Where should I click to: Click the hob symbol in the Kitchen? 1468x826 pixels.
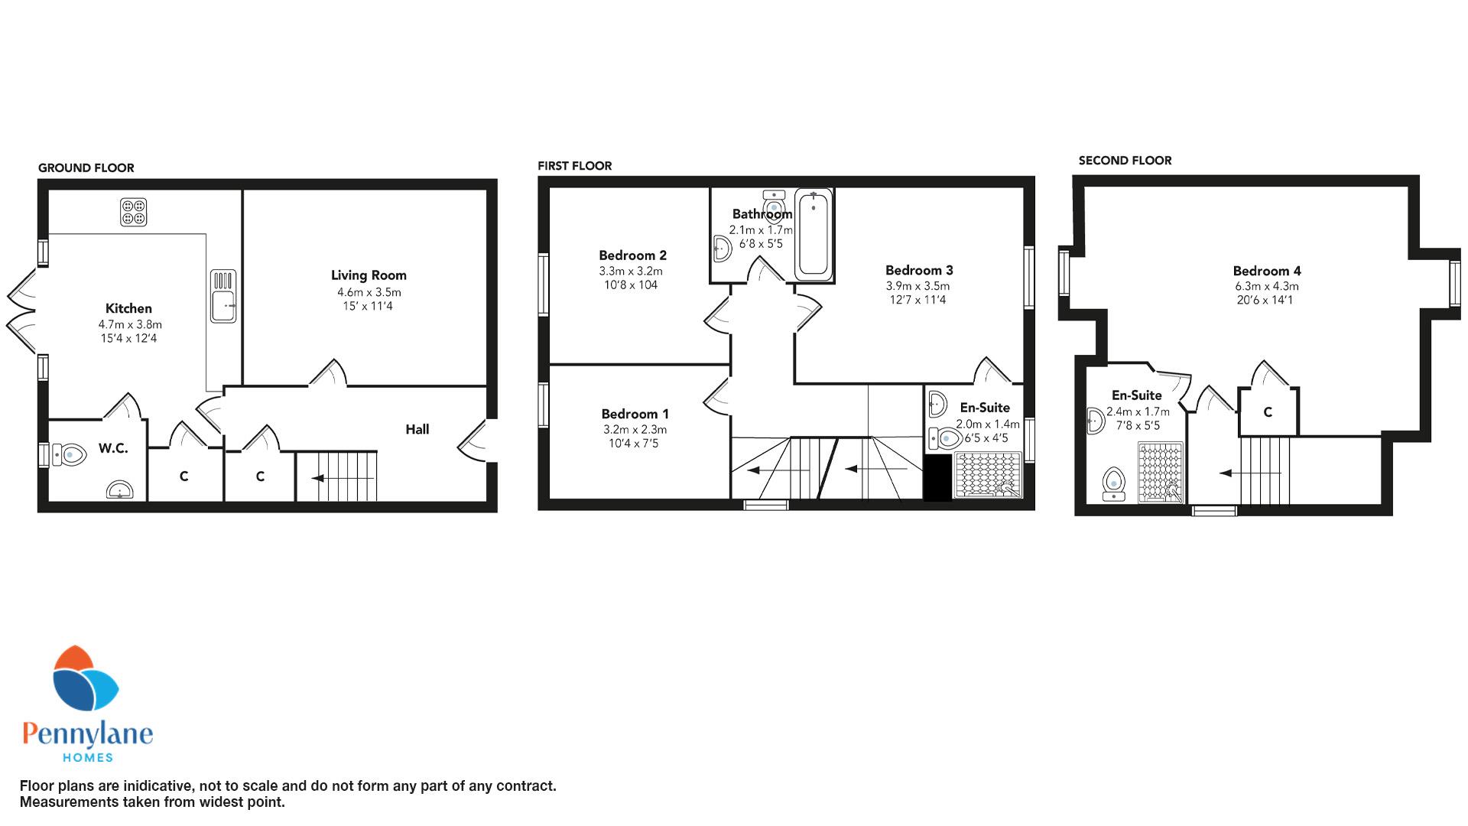point(133,212)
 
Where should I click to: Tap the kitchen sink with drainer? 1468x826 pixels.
point(223,296)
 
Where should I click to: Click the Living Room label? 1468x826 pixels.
point(369,275)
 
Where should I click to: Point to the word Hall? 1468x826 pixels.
point(417,430)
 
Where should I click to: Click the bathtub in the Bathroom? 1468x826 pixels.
point(813,235)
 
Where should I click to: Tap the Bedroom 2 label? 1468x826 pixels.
point(632,255)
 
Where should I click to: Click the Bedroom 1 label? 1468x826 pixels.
point(635,415)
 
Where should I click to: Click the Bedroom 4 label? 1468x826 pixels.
point(1267,271)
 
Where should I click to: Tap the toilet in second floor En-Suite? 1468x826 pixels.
point(1114,484)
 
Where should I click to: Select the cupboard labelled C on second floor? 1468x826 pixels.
point(1268,412)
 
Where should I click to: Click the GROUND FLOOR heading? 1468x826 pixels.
point(86,168)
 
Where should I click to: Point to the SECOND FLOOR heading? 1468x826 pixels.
point(1125,161)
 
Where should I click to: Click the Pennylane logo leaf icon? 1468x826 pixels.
point(86,679)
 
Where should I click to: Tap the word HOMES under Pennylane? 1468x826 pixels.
point(87,757)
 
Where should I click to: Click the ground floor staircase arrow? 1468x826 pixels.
point(344,478)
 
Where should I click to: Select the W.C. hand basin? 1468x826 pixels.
point(119,489)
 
